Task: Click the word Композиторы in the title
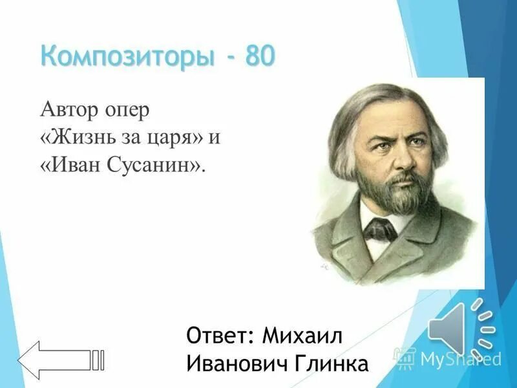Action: pyautogui.click(x=127, y=57)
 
